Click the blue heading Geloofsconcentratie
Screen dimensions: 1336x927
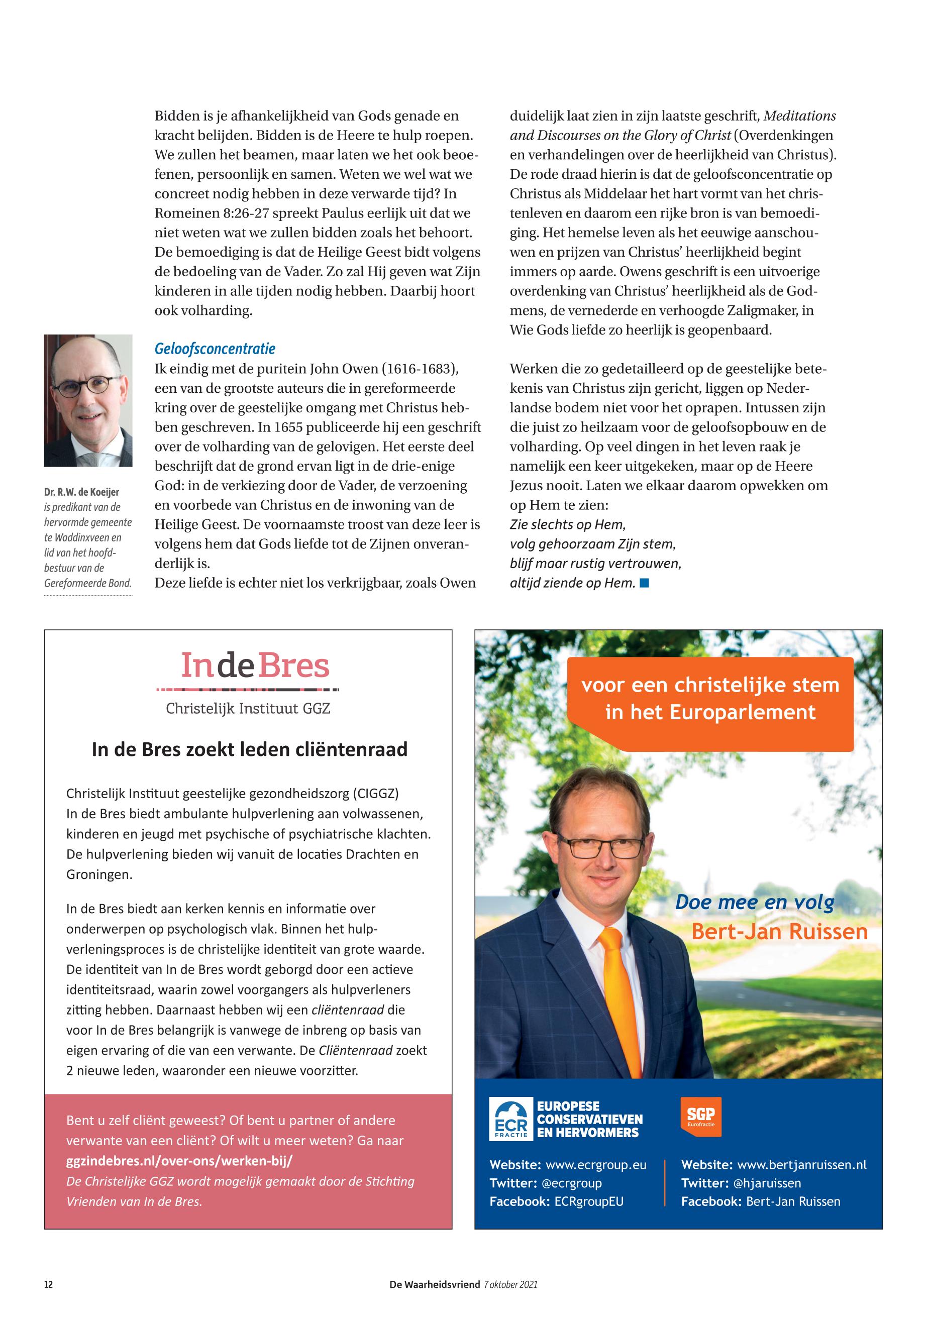[x=215, y=349]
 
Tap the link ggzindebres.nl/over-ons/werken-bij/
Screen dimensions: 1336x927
[x=179, y=1161]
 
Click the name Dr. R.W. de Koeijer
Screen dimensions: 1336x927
[x=81, y=492]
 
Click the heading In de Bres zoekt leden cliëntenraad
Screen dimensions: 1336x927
[x=249, y=749]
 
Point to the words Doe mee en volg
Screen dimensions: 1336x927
[x=754, y=902]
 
